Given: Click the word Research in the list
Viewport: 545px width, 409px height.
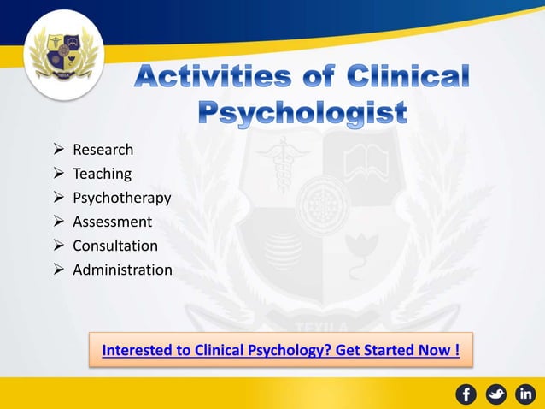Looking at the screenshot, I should point(103,150).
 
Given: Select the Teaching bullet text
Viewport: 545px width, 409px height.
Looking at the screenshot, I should point(102,174).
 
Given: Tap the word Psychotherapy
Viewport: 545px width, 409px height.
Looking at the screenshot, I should point(121,198).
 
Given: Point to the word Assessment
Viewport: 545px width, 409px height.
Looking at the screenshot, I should point(112,222).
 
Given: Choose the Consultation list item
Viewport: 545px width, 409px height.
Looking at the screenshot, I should point(114,246).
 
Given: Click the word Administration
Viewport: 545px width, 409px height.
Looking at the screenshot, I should point(122,270).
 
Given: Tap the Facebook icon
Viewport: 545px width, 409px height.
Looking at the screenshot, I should point(466,394).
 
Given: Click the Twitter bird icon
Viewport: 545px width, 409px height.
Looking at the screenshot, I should point(495,394).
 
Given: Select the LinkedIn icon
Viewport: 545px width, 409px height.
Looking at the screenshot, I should point(525,394).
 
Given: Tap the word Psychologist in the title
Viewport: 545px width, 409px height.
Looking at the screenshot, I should point(302,113).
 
